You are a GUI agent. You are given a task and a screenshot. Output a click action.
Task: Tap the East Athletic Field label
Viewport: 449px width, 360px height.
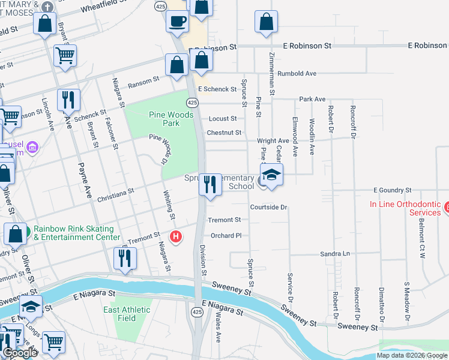point(127,314)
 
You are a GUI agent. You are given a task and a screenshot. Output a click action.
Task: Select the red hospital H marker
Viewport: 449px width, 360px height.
point(176,237)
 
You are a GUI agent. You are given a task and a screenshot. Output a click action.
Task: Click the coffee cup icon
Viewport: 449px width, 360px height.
point(177,21)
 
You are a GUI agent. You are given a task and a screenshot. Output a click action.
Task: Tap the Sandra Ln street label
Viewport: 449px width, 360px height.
point(334,254)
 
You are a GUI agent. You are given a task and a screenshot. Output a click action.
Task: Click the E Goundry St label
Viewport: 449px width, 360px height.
point(392,190)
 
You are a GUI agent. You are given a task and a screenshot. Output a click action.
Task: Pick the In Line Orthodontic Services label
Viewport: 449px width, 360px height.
point(405,208)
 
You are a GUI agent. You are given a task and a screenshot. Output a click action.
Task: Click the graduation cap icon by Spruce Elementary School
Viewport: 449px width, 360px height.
point(271,175)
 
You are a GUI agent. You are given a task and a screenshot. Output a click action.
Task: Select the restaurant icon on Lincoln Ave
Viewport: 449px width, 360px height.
point(68,99)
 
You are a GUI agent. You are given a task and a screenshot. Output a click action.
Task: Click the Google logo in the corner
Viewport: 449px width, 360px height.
point(20,353)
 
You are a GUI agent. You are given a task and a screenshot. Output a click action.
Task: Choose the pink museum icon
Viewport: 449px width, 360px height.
point(33,147)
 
